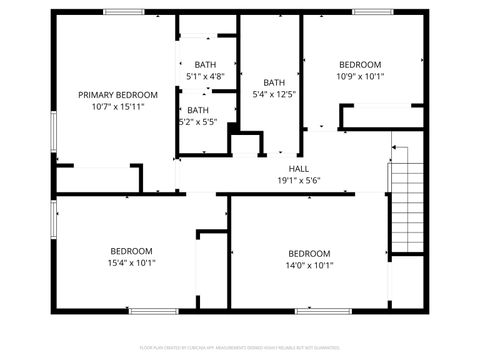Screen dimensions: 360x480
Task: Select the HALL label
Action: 299,169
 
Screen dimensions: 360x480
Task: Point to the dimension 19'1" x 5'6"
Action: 299,181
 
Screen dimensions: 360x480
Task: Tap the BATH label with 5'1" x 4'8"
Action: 205,64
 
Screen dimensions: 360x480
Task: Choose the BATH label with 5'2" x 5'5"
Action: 198,110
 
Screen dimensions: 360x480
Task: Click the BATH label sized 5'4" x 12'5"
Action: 273,83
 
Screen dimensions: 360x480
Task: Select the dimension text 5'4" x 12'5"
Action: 273,95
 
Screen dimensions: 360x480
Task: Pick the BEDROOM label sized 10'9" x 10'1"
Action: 359,64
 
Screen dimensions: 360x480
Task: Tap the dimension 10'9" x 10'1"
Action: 359,76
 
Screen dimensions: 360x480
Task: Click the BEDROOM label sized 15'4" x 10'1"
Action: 131,251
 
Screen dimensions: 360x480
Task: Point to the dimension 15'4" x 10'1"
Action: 131,263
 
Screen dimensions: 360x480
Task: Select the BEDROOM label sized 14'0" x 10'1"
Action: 309,254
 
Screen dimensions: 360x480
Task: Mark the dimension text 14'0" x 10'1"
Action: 309,266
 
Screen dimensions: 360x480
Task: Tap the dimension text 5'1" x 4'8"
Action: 205,76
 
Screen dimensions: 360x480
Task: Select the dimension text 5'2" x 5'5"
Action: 198,122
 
